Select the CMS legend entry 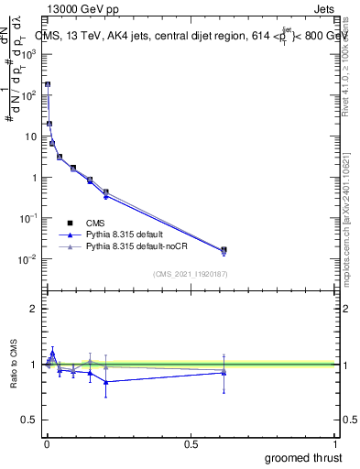click(x=93, y=223)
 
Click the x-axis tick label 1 click(x=335, y=442)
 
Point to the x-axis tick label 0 click(x=46, y=442)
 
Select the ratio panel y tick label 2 click(x=35, y=309)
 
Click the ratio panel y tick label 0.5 click(x=30, y=420)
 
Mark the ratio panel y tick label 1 click(x=35, y=365)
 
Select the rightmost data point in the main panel click(x=224, y=249)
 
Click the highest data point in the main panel click(x=48, y=84)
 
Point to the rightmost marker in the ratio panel click(x=224, y=371)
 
